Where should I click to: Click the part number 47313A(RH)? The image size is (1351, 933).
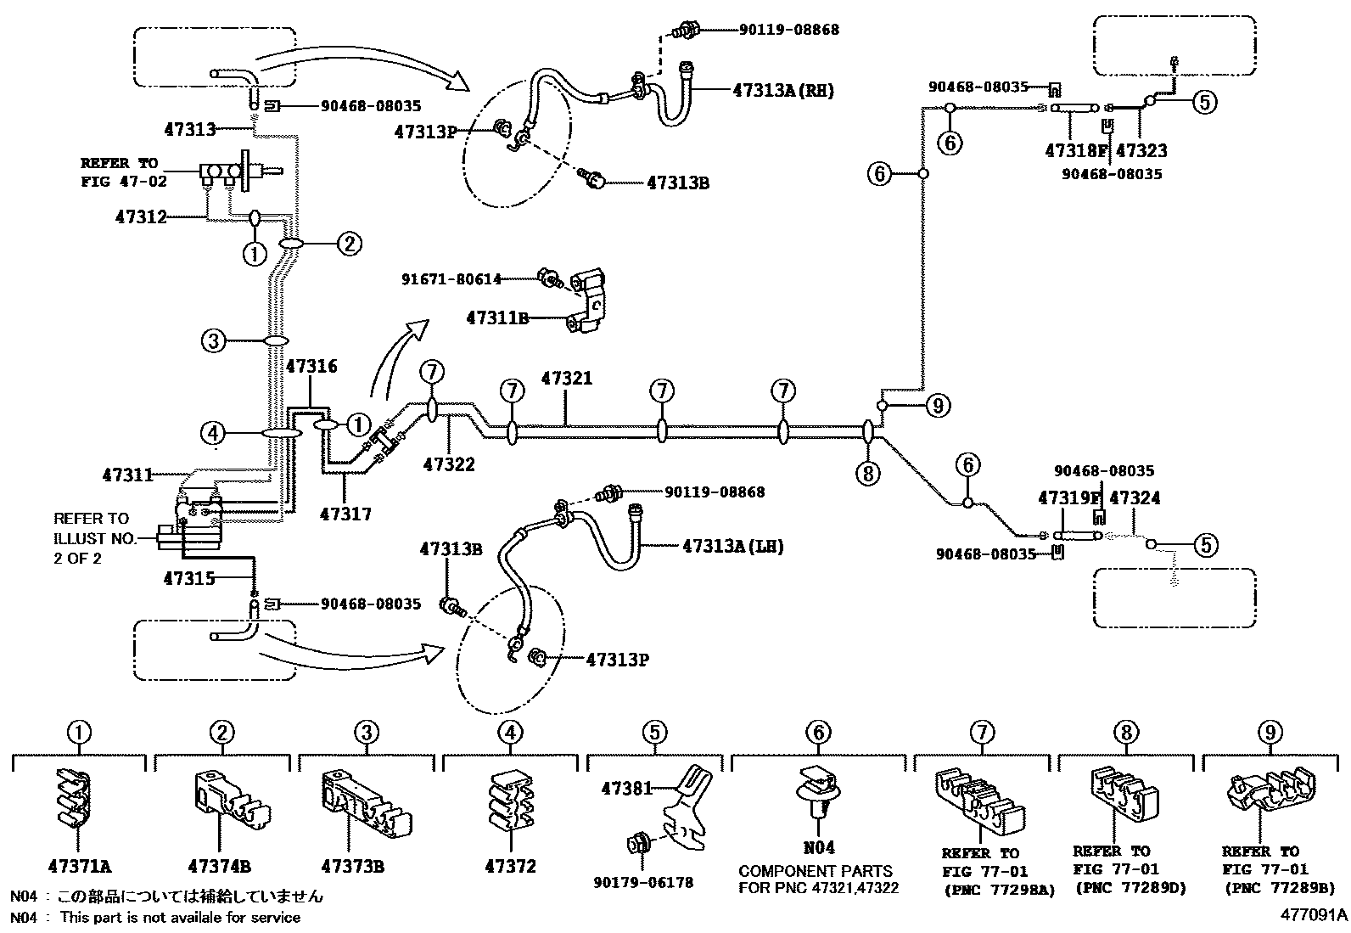pos(783,91)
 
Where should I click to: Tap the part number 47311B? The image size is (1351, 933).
pos(497,318)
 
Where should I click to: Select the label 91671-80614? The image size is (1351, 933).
pos(451,278)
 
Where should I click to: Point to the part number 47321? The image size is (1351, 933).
pos(567,379)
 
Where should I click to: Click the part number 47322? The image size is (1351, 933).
pos(449,464)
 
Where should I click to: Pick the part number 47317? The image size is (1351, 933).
pos(345,514)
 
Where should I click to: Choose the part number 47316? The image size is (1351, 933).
pos(311,366)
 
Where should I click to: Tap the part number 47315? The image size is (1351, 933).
pos(188,579)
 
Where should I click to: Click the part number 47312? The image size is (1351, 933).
pos(141,216)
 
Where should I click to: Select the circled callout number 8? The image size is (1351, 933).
pos(868,474)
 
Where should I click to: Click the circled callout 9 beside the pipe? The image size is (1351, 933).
pos(938,406)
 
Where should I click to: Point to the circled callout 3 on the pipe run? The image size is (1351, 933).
pos(213,341)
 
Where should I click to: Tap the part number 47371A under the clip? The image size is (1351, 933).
pos(80,867)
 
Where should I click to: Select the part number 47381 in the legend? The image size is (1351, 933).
pos(627,788)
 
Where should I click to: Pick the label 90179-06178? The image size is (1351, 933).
pos(643,882)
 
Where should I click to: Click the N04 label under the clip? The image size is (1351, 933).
pos(819,848)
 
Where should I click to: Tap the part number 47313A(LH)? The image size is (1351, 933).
pos(733,546)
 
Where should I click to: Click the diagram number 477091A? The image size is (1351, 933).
pos(1314,915)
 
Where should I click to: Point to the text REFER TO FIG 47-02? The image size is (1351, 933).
pos(124,172)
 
